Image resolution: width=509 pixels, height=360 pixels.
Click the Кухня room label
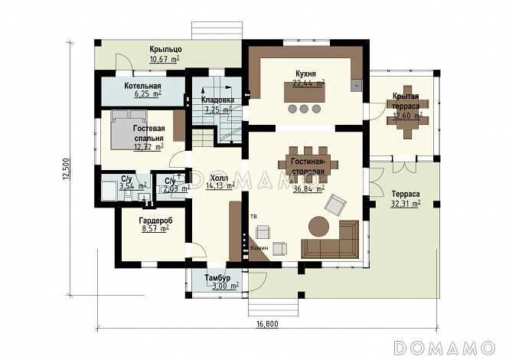click(x=305, y=74)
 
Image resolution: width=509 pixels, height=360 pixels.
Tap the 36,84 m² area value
click(x=308, y=189)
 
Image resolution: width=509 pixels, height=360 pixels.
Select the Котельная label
click(x=143, y=86)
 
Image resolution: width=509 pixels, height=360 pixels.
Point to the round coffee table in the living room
click(x=318, y=226)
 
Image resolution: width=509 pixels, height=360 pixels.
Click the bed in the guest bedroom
click(x=129, y=129)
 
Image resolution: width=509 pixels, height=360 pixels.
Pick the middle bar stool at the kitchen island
click(x=304, y=109)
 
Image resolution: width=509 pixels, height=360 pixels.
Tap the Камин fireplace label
click(x=259, y=248)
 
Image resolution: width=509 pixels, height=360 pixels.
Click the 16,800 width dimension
click(x=267, y=324)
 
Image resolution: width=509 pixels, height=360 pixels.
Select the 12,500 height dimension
click(x=67, y=169)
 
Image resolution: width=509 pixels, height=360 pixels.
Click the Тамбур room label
click(x=217, y=278)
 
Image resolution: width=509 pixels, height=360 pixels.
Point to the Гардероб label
click(x=156, y=221)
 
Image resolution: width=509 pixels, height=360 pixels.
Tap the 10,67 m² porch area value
click(x=165, y=59)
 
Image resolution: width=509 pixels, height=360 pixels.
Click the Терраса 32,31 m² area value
click(x=406, y=204)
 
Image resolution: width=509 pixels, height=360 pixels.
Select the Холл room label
click(x=219, y=178)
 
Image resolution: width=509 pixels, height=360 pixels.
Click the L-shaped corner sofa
click(x=330, y=240)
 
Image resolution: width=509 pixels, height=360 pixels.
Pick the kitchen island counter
click(x=304, y=92)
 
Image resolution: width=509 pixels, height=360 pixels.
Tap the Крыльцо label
click(x=165, y=49)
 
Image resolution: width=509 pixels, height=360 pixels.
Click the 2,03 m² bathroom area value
click(x=177, y=188)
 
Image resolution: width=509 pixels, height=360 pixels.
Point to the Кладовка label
click(x=217, y=100)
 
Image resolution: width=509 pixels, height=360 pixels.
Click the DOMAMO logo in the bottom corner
click(x=444, y=348)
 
